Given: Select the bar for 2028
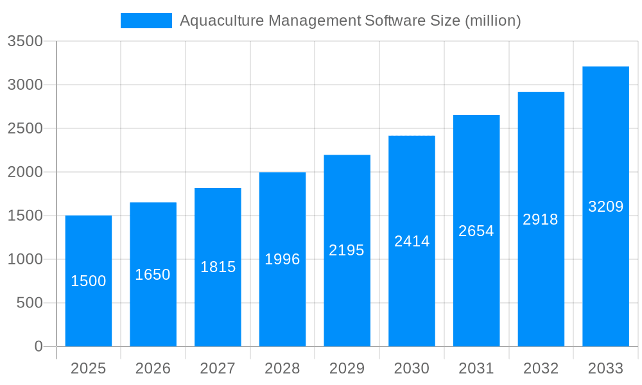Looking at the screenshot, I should click(x=282, y=259).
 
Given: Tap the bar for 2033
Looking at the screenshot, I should click(x=605, y=207).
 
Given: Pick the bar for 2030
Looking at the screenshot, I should click(x=412, y=241).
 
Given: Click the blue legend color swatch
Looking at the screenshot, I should click(x=146, y=21).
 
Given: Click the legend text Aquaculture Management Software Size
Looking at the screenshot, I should click(x=350, y=21).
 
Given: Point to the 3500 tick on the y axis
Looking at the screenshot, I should click(x=25, y=42).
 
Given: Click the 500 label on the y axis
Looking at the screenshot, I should click(x=30, y=303).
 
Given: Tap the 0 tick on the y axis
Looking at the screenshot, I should click(x=38, y=346).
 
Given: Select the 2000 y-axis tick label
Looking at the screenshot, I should click(x=25, y=172).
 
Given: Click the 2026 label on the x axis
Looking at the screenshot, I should click(x=153, y=368).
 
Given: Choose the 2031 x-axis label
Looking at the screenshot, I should click(x=476, y=368).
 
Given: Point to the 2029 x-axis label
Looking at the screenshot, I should click(x=347, y=368).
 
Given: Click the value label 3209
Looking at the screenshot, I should click(x=605, y=207).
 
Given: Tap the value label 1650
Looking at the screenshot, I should click(x=153, y=275).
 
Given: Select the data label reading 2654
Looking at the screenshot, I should click(x=476, y=231).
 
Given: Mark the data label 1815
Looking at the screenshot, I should click(x=218, y=267).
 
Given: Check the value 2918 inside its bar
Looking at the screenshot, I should click(x=541, y=219).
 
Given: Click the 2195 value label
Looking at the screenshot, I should click(x=347, y=250).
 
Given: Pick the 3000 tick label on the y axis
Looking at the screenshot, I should click(x=25, y=85).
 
